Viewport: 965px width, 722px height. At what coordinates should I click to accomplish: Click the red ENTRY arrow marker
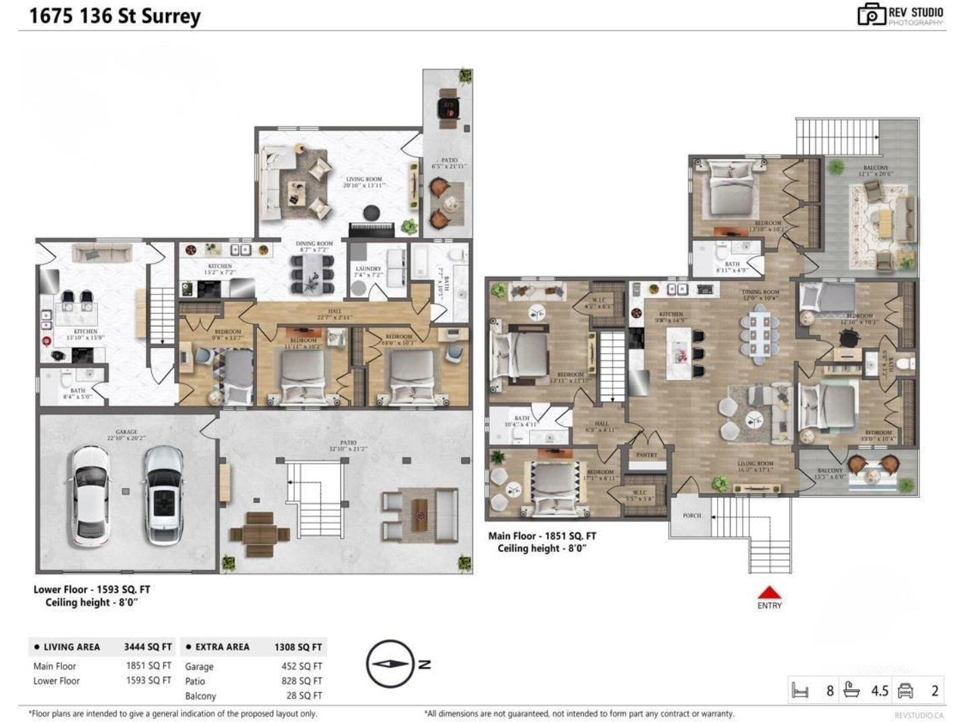[x=769, y=592]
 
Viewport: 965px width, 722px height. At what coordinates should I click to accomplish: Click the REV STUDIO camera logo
[x=872, y=14]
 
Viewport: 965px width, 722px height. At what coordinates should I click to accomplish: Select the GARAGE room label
[x=126, y=432]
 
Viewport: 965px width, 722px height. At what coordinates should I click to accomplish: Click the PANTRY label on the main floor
[x=646, y=455]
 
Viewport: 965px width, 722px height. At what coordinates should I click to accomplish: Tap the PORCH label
[x=691, y=516]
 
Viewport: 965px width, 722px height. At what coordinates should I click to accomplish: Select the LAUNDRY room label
[x=368, y=269]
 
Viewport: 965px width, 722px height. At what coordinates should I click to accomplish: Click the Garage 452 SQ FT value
[x=302, y=666]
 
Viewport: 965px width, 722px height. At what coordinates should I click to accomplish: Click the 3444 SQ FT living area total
[x=148, y=647]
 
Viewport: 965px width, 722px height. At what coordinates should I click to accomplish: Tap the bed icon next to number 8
[x=800, y=690]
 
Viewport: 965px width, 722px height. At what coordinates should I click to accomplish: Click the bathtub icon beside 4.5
[x=851, y=690]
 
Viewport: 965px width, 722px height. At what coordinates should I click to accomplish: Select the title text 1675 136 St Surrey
[x=115, y=16]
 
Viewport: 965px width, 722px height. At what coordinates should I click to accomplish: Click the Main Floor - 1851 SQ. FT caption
[x=542, y=536]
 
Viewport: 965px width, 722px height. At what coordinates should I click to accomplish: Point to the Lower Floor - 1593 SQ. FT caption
[x=92, y=590]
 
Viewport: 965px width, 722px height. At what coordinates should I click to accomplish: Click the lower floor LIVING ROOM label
[x=364, y=179]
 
